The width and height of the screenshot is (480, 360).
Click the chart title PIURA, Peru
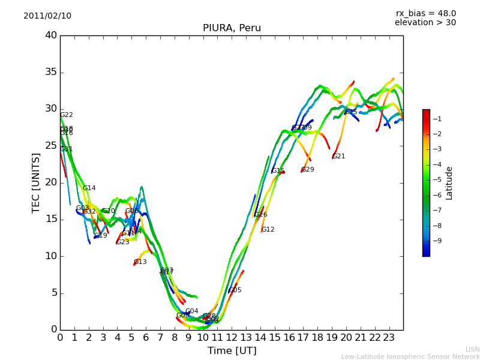point(232,28)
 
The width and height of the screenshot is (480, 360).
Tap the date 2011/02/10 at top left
point(47,16)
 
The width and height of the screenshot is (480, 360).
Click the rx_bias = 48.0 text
point(425,13)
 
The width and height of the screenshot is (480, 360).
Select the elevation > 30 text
point(425,23)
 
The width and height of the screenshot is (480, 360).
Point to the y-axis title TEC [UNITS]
point(36,183)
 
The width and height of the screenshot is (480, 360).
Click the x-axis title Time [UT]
point(232,351)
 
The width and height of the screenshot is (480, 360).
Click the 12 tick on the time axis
point(232,338)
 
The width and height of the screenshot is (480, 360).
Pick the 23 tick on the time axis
point(389,338)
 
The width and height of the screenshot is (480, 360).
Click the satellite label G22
point(67,115)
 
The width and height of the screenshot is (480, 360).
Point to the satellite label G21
point(339,157)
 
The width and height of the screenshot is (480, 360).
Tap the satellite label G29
point(308,170)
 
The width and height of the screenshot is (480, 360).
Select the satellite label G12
point(268,230)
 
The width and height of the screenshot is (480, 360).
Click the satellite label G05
point(235,290)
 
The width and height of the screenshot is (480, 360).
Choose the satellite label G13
point(140,262)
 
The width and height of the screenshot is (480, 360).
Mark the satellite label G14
point(89,188)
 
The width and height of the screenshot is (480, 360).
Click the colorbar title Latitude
point(449,183)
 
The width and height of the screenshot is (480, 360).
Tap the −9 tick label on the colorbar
point(437,241)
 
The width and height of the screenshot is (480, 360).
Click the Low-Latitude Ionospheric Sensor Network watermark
point(410,356)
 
